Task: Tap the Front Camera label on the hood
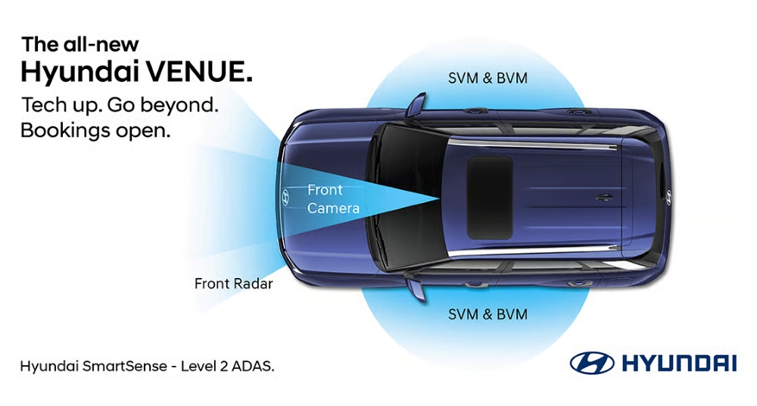(x=333, y=198)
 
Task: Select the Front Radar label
(x=233, y=284)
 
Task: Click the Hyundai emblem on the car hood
(x=285, y=197)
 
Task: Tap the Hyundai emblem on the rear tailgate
(x=668, y=196)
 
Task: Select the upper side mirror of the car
(x=415, y=105)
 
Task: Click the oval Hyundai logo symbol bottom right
(x=592, y=363)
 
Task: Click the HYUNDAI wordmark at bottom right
(x=678, y=364)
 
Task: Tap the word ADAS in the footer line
(x=255, y=367)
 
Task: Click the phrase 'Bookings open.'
(x=95, y=130)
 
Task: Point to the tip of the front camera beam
(x=441, y=198)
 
